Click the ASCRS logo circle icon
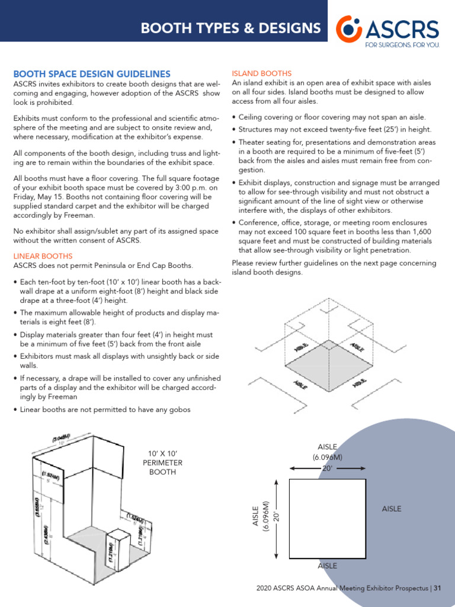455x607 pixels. pyautogui.click(x=349, y=28)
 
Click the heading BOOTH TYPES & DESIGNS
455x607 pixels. pyautogui.click(x=230, y=28)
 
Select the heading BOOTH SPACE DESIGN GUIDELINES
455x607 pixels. pyautogui.click(x=92, y=74)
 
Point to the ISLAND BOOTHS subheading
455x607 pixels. pyautogui.click(x=258, y=74)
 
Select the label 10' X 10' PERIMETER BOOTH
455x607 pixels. pyautogui.click(x=165, y=463)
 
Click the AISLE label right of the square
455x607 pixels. pyautogui.click(x=392, y=509)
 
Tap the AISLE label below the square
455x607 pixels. pyautogui.click(x=327, y=566)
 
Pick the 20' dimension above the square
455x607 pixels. pyautogui.click(x=326, y=468)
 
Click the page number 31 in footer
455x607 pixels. pyautogui.click(x=438, y=589)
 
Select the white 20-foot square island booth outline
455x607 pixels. pyautogui.click(x=326, y=519)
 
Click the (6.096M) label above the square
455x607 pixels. pyautogui.click(x=327, y=457)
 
